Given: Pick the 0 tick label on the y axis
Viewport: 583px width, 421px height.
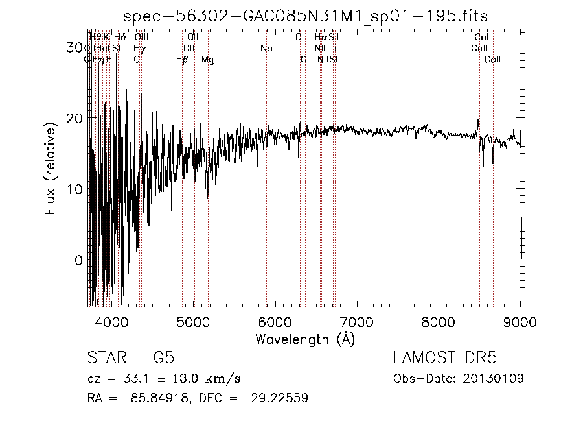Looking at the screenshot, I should [78, 260].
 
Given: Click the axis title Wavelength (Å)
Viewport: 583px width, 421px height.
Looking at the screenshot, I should [305, 339].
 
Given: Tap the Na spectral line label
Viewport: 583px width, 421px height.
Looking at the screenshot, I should [266, 49].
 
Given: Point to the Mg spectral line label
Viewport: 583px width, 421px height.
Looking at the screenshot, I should [207, 60].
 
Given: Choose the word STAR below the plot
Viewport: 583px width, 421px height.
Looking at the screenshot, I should [107, 359].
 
